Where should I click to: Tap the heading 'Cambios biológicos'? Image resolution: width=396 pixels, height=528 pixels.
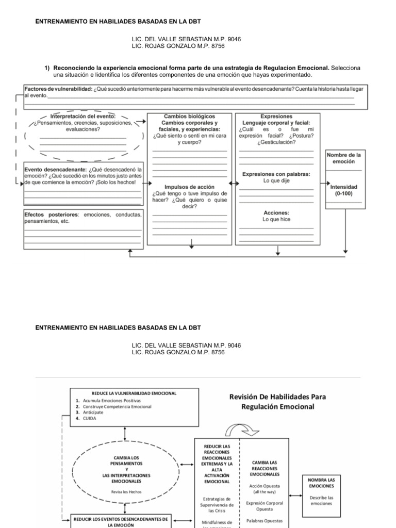tap(189, 117)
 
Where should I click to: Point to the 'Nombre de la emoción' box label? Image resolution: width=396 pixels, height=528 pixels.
tap(343, 158)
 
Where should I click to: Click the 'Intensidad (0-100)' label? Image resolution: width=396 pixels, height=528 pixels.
tap(343, 190)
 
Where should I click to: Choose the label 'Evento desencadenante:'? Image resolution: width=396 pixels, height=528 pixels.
tap(56, 169)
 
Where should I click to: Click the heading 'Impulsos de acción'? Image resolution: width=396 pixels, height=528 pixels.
tap(189, 187)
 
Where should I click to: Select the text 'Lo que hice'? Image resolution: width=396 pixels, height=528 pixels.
tap(276, 219)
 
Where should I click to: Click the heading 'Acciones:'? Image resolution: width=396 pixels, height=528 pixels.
tap(276, 212)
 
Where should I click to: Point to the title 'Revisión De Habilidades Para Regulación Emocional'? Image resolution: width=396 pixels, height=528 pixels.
tap(277, 401)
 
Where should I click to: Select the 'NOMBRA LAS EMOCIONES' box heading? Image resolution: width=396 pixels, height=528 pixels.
tap(321, 483)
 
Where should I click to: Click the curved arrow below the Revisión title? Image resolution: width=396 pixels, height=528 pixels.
tap(238, 427)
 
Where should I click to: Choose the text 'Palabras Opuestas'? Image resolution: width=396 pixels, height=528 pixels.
tap(265, 520)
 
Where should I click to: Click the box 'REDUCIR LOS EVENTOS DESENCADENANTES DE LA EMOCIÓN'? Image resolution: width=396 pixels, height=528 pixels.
tap(120, 521)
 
